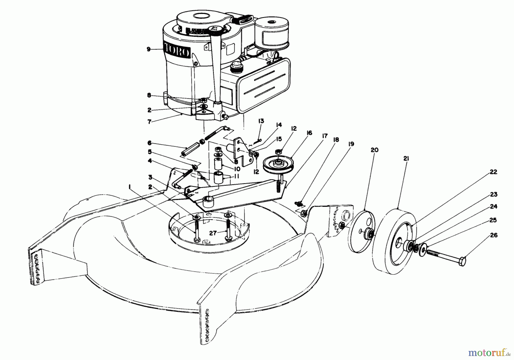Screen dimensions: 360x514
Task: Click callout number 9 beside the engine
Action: (148, 49)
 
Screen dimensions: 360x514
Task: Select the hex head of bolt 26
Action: (462, 261)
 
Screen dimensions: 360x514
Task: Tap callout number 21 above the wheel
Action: (406, 159)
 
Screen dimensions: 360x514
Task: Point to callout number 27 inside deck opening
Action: (213, 233)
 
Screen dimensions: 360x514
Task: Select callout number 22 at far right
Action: (493, 172)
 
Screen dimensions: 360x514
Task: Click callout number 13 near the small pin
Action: (261, 121)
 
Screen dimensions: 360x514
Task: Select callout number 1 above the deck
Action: (130, 187)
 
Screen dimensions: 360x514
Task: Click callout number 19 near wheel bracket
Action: (351, 144)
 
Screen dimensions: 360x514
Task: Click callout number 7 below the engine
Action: (149, 122)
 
